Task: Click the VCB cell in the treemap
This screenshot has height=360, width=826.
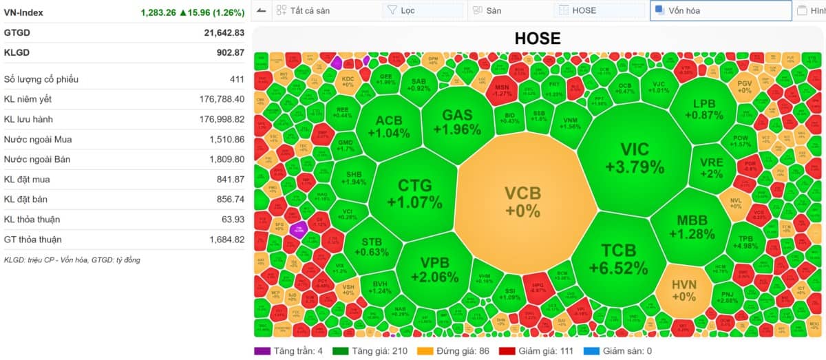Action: click(522, 202)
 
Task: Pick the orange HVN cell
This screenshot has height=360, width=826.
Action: click(684, 290)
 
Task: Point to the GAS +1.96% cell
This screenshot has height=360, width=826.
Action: click(457, 122)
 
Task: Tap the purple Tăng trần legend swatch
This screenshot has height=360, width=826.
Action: click(262, 351)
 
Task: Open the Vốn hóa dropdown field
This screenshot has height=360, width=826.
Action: click(720, 10)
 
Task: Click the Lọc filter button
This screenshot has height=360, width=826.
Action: click(422, 10)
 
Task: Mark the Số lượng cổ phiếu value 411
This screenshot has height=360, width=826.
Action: click(237, 79)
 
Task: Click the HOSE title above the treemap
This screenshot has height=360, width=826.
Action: click(537, 39)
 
